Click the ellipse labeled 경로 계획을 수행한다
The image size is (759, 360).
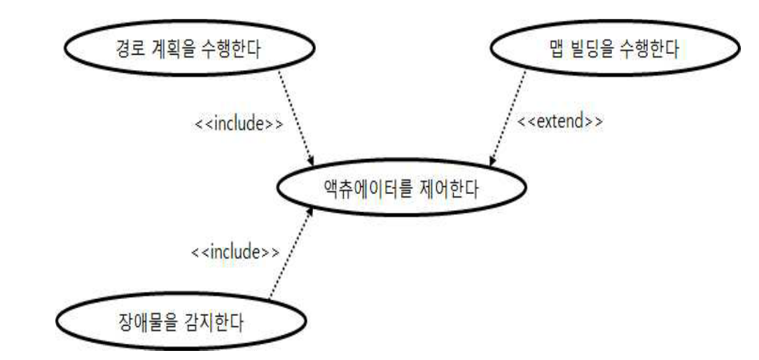pyautogui.click(x=189, y=50)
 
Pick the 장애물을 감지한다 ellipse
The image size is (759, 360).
pyautogui.click(x=182, y=323)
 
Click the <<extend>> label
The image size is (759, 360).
pyautogui.click(x=560, y=120)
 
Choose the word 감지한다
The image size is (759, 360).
pyautogui.click(x=208, y=324)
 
